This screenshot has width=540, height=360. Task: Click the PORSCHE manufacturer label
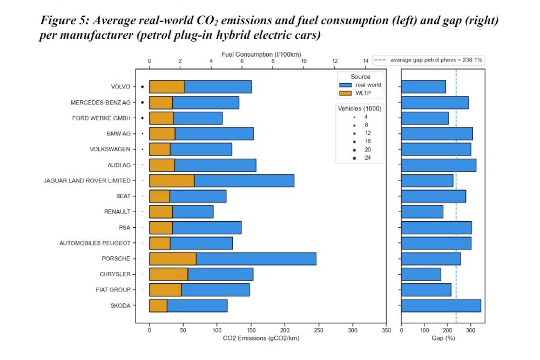(x=116, y=259)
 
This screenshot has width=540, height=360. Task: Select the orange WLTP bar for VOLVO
(x=167, y=86)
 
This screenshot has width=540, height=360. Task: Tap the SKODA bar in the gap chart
(x=441, y=305)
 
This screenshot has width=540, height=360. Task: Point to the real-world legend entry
(x=368, y=85)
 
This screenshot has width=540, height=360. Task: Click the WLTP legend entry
(x=363, y=93)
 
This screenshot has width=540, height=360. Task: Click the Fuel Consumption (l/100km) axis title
(x=261, y=55)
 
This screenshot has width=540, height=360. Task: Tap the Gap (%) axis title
(x=443, y=338)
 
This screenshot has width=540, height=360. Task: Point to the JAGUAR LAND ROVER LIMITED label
(x=87, y=180)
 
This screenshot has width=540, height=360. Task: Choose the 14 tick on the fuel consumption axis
(x=366, y=62)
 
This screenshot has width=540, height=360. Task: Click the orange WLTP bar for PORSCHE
(x=173, y=259)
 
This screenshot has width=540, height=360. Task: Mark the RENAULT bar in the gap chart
(x=422, y=212)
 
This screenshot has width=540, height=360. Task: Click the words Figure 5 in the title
(x=64, y=21)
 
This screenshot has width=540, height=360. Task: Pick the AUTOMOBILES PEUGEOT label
(x=95, y=243)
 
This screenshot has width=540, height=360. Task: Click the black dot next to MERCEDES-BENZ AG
(x=142, y=102)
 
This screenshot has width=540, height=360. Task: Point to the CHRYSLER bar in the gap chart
(x=421, y=274)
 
